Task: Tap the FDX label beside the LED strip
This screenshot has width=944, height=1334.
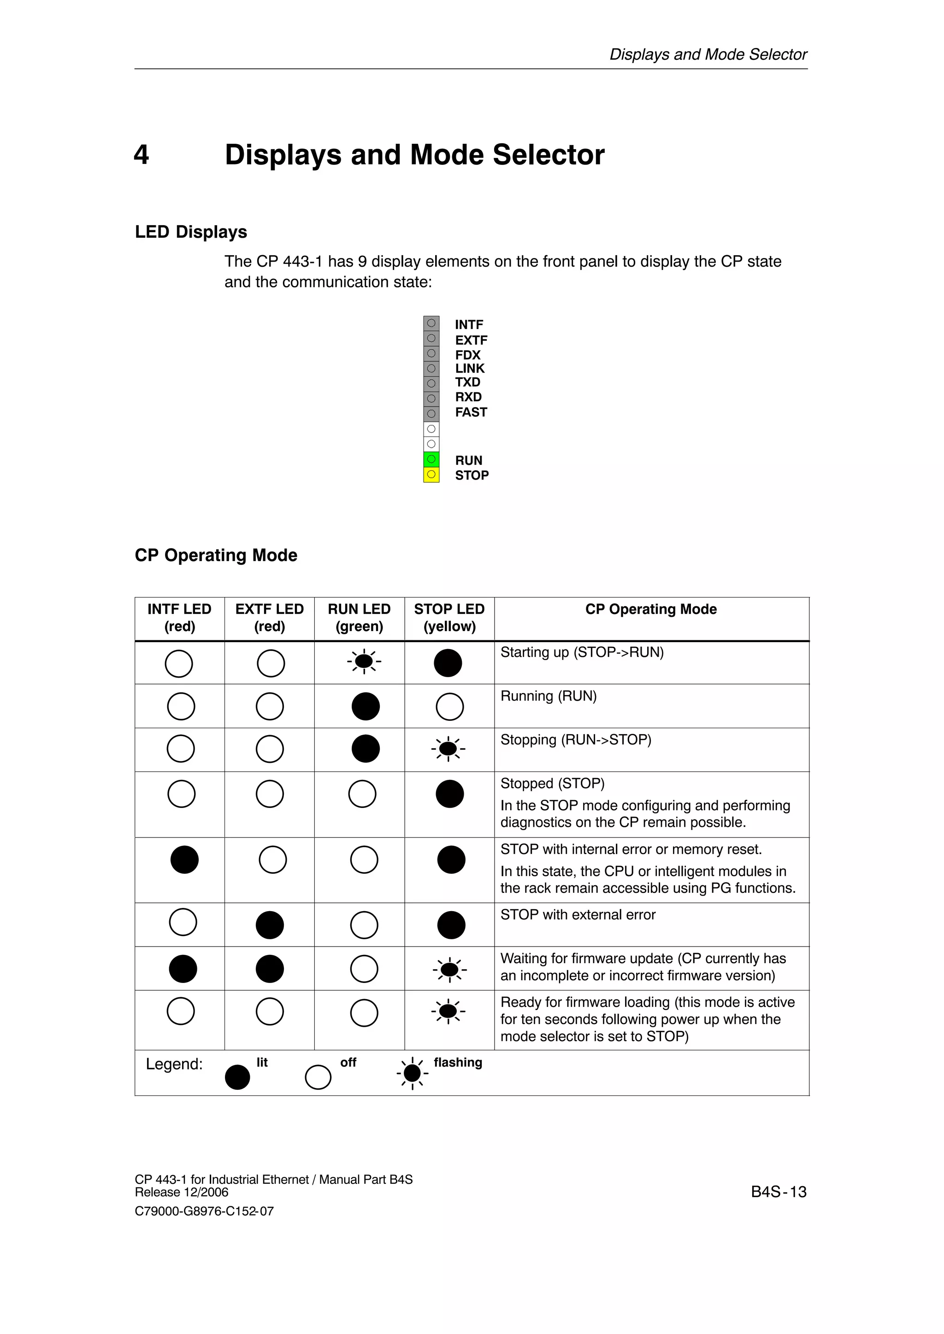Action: pos(467,354)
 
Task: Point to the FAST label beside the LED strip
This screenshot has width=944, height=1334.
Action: pos(471,412)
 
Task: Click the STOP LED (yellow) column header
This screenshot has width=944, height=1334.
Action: pos(449,618)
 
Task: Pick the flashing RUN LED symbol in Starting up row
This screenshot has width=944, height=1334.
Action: pos(364,661)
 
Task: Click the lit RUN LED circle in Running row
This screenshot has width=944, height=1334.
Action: pos(366,706)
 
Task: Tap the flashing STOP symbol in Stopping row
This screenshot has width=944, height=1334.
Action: pos(448,749)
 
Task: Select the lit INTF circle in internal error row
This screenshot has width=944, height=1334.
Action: pos(184,859)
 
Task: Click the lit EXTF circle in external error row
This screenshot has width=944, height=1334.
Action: pos(270,925)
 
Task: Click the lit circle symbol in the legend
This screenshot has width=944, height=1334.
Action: pos(237,1077)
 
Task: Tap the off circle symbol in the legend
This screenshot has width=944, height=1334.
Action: pos(318,1077)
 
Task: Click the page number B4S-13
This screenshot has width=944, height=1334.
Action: pos(779,1192)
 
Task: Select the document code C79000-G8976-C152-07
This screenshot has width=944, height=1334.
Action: pos(204,1211)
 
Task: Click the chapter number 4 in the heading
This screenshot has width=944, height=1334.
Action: pos(141,155)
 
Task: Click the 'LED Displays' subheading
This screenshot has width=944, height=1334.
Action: pos(191,232)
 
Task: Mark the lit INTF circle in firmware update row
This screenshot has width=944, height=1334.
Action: pos(183,969)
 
